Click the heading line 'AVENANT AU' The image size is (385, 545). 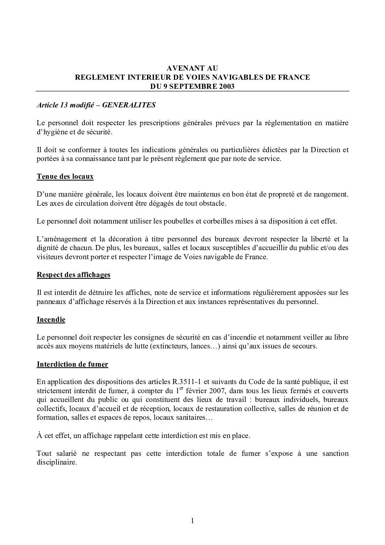[192, 68]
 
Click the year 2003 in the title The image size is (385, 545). [225, 87]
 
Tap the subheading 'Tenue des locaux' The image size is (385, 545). [65, 177]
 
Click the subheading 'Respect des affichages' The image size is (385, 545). [74, 275]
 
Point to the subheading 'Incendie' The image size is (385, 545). [51, 320]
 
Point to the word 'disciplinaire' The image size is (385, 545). [57, 463]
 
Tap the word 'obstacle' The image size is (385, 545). [213, 204]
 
